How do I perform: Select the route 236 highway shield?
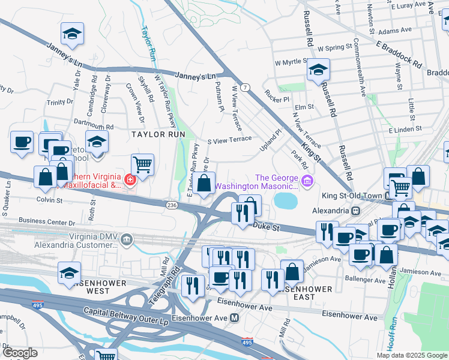(x=171, y=205)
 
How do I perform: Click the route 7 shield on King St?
(x=246, y=88)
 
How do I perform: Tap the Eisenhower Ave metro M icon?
(x=235, y=317)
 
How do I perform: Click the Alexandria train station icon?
(x=356, y=211)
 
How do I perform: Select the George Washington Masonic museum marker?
(x=307, y=180)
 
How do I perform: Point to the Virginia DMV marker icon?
(x=127, y=241)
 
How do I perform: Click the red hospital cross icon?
(x=128, y=179)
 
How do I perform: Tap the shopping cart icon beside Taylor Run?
(x=142, y=164)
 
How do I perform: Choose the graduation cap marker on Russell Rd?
(x=318, y=69)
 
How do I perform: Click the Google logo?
(x=20, y=353)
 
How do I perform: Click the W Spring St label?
(x=334, y=47)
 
